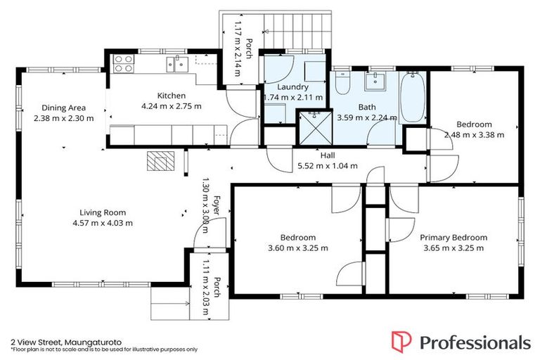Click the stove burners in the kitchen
coord(123,63)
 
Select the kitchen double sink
coord(176,65)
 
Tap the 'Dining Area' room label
coord(63,108)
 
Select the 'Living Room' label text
coord(103,212)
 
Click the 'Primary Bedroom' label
coord(454,238)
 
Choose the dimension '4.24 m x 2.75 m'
coord(172,106)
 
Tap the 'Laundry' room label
coord(292,87)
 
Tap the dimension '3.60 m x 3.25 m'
coord(297,247)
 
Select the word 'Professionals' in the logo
coord(475,342)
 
